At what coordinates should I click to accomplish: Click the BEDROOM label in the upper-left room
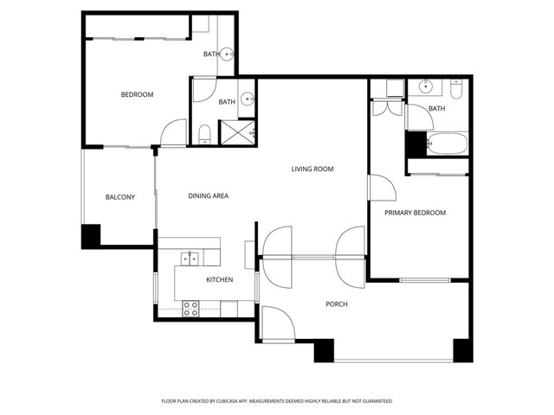click(137, 94)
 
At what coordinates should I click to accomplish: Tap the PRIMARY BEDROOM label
click(415, 213)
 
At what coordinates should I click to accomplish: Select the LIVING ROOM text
click(312, 169)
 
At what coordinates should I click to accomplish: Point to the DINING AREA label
click(208, 196)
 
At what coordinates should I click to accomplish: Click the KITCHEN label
click(219, 280)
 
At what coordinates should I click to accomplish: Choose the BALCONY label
click(120, 197)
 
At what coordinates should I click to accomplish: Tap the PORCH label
click(337, 304)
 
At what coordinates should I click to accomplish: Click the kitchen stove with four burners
click(190, 310)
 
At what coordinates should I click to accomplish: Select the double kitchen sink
click(190, 259)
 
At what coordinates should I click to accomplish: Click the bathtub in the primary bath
click(448, 144)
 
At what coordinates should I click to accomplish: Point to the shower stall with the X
click(237, 132)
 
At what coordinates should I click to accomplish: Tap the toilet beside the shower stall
click(204, 135)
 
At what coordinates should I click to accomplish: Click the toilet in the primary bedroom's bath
click(456, 89)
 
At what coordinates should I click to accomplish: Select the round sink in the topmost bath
click(227, 54)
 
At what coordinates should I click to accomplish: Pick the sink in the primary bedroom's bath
click(426, 86)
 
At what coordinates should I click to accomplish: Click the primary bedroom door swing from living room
click(383, 188)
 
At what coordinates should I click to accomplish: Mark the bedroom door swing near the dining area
click(173, 132)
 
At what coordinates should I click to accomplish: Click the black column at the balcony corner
click(91, 235)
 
